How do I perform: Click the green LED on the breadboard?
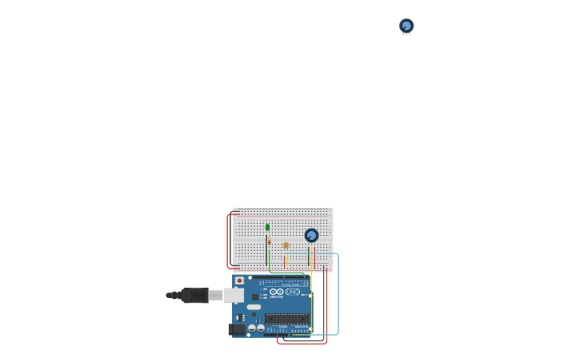pyautogui.click(x=267, y=227)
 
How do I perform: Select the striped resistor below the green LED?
pyautogui.click(x=270, y=241)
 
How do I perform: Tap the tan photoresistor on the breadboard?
pyautogui.click(x=286, y=245)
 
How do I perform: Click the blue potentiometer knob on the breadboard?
pyautogui.click(x=311, y=235)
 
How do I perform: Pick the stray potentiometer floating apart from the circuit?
pyautogui.click(x=406, y=26)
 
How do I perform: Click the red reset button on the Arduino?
pyautogui.click(x=239, y=280)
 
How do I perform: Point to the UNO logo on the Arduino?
pyautogui.click(x=293, y=292)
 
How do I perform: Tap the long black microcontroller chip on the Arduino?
pyautogui.click(x=286, y=318)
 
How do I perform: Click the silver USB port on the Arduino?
pyautogui.click(x=233, y=295)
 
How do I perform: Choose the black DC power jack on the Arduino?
pyautogui.click(x=237, y=328)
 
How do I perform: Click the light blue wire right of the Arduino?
pyautogui.click(x=338, y=296)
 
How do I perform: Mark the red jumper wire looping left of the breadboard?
pyautogui.click(x=227, y=240)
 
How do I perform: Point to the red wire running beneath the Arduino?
pyautogui.click(x=302, y=344)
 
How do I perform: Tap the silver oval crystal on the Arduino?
pyautogui.click(x=254, y=307)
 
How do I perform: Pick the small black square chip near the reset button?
pyautogui.click(x=255, y=296)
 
